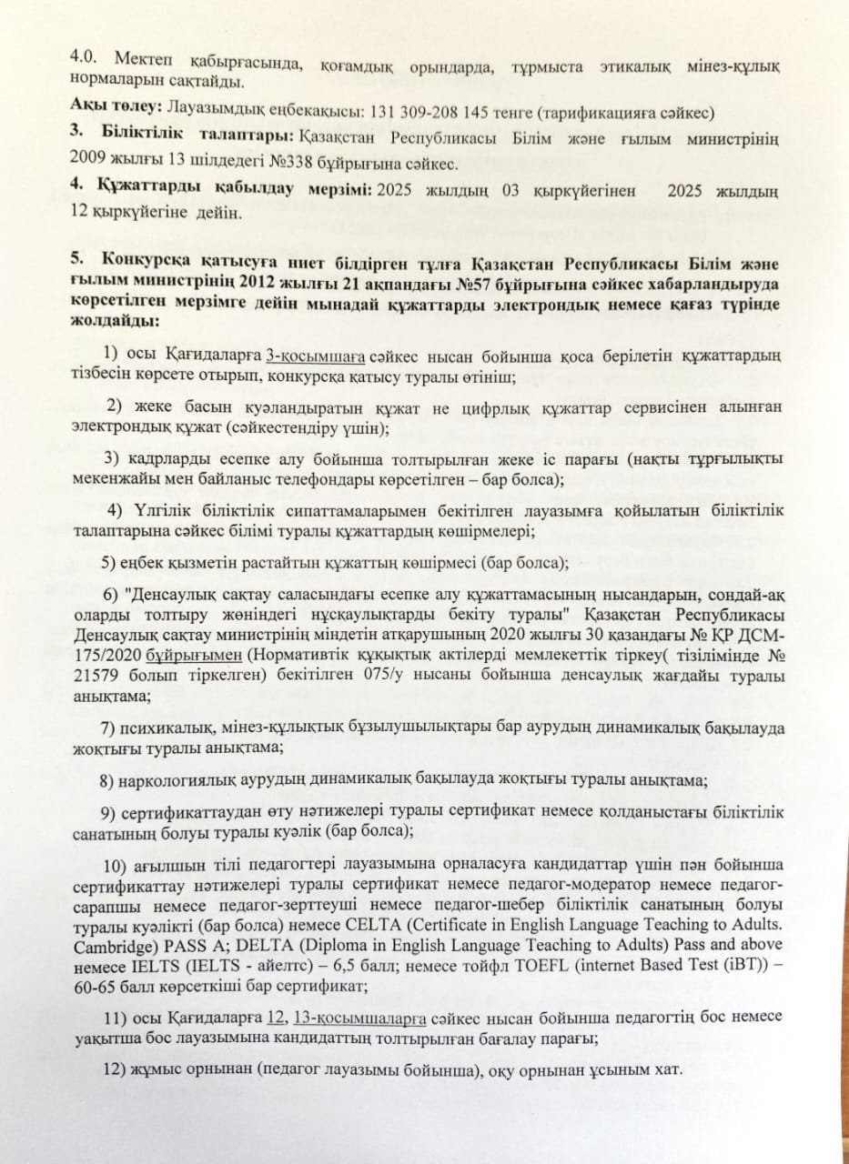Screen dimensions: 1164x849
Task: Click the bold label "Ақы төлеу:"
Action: tap(111, 109)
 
